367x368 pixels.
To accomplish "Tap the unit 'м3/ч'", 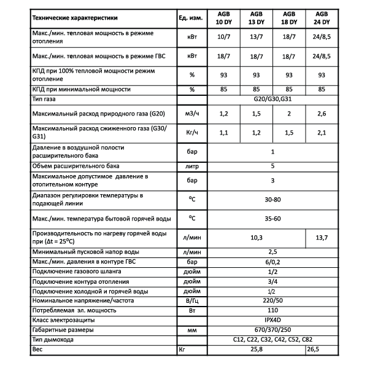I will [192, 114].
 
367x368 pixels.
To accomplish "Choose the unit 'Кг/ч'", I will [192, 132].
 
